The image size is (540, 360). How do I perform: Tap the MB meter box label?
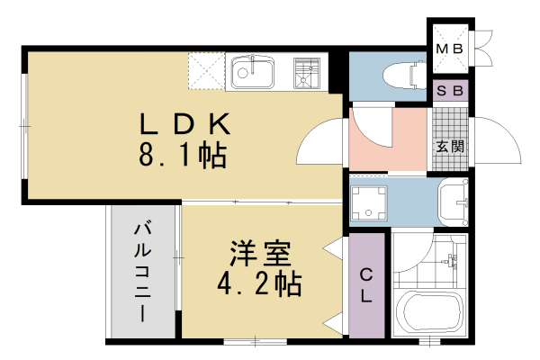click(447, 48)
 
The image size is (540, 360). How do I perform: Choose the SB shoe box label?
click(449, 91)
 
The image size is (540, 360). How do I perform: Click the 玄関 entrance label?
click(450, 146)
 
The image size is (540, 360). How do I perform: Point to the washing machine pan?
click(369, 205)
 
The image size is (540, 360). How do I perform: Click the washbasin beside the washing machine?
click(453, 202)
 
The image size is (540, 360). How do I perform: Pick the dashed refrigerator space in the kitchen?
click(205, 70)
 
